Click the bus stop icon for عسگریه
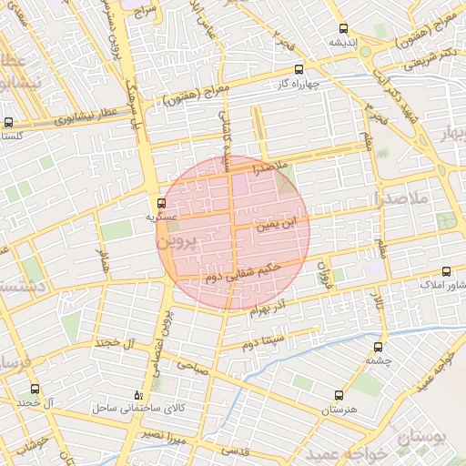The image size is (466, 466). [x=161, y=203]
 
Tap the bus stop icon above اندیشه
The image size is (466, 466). [x=342, y=29]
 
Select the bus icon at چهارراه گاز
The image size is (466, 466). [x=299, y=69]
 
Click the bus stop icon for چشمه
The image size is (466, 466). [x=378, y=347]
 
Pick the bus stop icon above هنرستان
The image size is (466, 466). [x=339, y=396]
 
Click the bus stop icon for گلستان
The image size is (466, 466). [x=8, y=122]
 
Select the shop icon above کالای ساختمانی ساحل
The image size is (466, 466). [x=138, y=395]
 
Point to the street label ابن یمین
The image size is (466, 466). [x=278, y=221]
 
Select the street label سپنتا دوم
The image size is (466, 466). [x=264, y=342]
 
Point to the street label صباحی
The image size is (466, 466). [x=194, y=367]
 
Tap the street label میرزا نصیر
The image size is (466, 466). [x=164, y=436]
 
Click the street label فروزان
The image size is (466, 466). [x=320, y=269]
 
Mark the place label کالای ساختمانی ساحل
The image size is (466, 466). [x=137, y=410]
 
